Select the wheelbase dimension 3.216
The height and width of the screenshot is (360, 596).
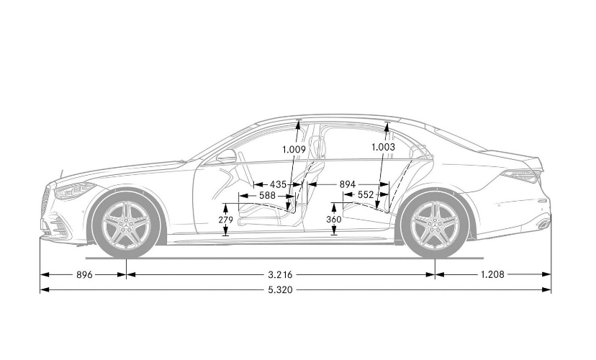click(280, 274)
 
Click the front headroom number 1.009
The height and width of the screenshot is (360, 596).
click(294, 149)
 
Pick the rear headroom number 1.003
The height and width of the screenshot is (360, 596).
click(383, 147)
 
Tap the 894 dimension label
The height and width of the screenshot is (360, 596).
click(347, 184)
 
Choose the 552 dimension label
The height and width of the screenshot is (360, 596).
click(366, 195)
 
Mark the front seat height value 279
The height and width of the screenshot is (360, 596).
click(226, 220)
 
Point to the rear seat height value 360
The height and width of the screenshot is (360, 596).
click(333, 220)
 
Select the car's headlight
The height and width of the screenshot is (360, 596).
click(73, 191)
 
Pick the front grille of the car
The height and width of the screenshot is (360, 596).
click(48, 202)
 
